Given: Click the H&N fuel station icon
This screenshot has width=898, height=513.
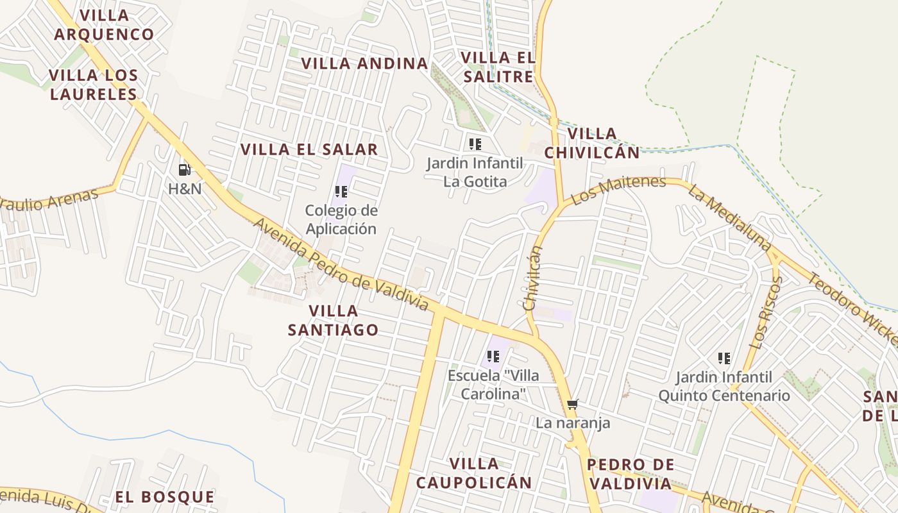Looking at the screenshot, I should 184,170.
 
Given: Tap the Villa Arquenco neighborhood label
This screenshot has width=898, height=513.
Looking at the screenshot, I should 104,24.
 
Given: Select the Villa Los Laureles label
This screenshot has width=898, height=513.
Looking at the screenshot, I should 94,85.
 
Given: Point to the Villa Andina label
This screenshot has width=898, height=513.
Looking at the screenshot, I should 364,63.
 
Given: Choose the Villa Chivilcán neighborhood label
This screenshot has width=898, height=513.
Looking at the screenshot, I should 592,143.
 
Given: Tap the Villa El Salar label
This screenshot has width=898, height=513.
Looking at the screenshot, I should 309,149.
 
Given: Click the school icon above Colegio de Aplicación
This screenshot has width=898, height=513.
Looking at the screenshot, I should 341,191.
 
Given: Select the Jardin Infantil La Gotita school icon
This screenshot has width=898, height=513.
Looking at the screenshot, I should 475,144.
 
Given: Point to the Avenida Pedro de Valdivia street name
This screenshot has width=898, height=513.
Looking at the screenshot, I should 341,264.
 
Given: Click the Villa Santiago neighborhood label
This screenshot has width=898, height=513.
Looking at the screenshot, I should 333,320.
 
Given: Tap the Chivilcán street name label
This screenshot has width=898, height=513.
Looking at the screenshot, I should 532,278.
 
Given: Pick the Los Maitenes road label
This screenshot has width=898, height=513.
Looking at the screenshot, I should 618,190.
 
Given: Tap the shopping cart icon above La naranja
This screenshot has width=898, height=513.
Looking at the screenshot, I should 573,404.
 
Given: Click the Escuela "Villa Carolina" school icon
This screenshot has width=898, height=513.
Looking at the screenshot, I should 493,356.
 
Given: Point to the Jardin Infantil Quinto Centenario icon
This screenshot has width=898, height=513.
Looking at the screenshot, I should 724,358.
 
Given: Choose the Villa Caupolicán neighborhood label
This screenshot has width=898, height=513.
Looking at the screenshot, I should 474,473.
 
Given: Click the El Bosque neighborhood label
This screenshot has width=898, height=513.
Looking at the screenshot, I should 165,497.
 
